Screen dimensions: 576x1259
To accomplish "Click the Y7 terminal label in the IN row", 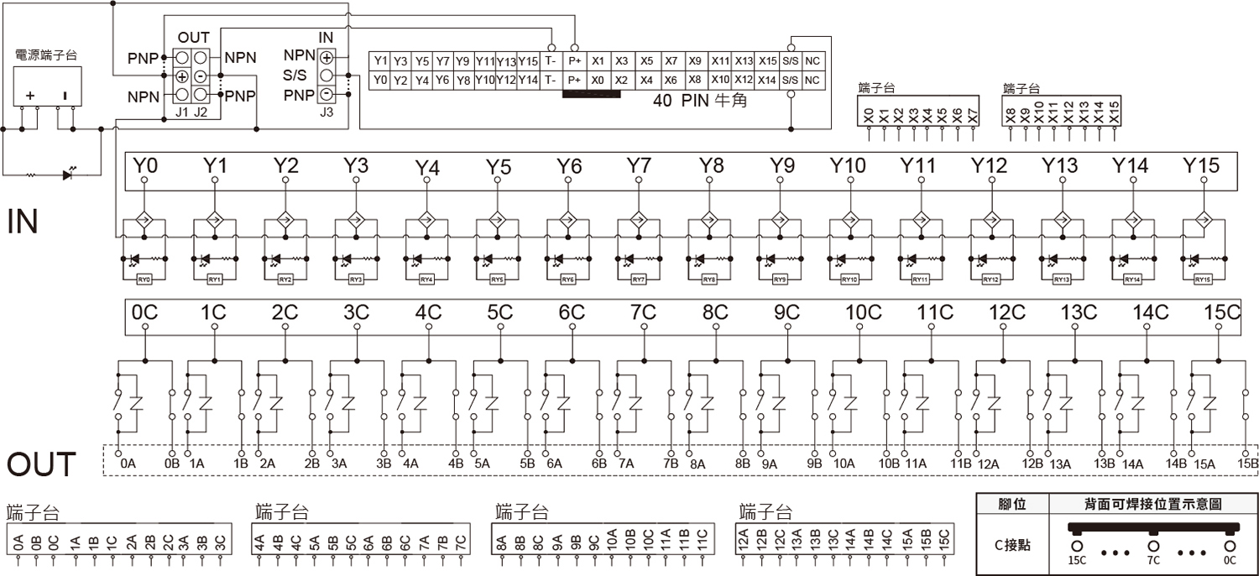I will point(640,166).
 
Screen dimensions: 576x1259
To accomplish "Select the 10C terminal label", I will point(864,312).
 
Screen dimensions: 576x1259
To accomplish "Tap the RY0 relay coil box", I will point(144,279).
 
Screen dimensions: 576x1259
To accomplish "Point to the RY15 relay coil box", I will point(1202,279).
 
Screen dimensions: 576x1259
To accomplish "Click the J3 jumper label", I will point(327,109).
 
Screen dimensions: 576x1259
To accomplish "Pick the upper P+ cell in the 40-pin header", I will point(575,61).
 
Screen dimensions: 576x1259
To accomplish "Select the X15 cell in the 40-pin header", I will point(767,61).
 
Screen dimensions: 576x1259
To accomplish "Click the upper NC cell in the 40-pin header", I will point(812,61).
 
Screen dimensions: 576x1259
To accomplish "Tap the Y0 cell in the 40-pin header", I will point(380,80).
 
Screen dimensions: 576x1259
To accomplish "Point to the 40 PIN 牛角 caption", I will point(699,101).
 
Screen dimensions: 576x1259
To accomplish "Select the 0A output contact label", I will point(128,463).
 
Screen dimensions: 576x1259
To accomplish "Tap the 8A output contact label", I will point(697,463).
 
